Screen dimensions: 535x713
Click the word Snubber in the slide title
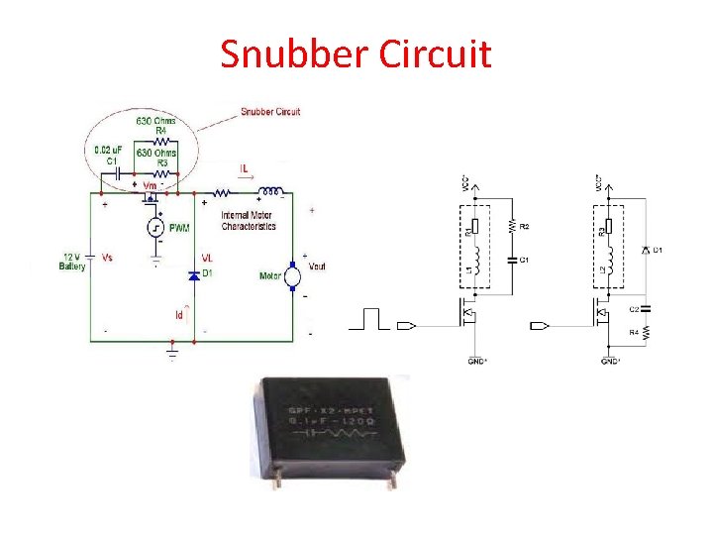tap(293, 53)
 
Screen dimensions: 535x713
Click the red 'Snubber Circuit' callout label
tap(270, 112)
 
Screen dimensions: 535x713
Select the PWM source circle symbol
tap(156, 230)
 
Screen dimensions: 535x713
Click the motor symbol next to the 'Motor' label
tap(293, 276)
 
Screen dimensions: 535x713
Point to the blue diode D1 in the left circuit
tap(194, 274)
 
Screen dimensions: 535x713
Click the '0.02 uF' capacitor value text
tap(106, 149)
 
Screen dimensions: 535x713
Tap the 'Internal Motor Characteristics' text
tap(249, 221)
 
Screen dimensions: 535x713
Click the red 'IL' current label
tap(245, 169)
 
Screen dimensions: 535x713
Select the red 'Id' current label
tap(179, 315)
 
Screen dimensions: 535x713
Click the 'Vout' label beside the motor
tap(317, 266)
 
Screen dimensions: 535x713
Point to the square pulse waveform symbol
tap(372, 319)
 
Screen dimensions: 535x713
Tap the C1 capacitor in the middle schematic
tap(513, 261)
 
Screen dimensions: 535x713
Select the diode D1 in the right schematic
tap(646, 249)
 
